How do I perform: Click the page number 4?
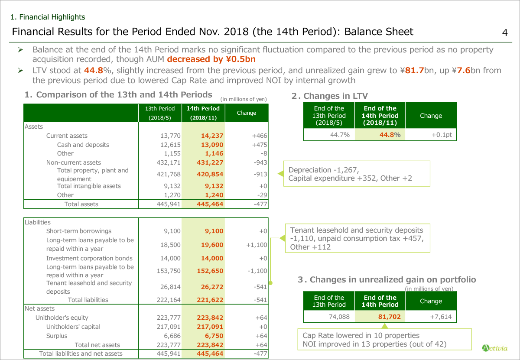pyautogui.click(x=505, y=32)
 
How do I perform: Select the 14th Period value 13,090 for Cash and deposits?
pyautogui.click(x=212, y=145)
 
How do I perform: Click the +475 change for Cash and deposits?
pyautogui.click(x=259, y=145)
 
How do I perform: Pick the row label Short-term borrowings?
pyautogui.click(x=79, y=231)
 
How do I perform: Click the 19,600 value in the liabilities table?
pyautogui.click(x=212, y=245)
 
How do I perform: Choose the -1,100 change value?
pyautogui.click(x=257, y=271)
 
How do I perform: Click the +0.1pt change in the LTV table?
pyautogui.click(x=442, y=135)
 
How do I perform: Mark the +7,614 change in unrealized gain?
pyautogui.click(x=441, y=317)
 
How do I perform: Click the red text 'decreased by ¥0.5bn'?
pyautogui.click(x=211, y=59)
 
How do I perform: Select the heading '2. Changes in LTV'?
pyautogui.click(x=330, y=96)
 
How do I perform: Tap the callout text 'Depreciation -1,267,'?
pyautogui.click(x=324, y=170)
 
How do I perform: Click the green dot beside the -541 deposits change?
pyautogui.click(x=270, y=283)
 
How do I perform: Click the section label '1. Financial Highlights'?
pyautogui.click(x=48, y=17)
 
